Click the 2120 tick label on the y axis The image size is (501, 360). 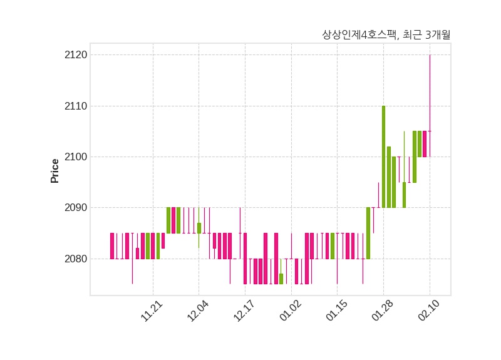(75, 55)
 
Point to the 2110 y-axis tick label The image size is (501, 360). (75, 106)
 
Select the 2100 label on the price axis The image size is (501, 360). (75, 157)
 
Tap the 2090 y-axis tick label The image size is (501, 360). (75, 208)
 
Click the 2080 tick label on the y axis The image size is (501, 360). (75, 259)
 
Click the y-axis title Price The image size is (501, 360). (55, 171)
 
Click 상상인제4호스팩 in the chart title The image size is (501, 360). (359, 35)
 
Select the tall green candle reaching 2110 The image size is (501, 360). (383, 157)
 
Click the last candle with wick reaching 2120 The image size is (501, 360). (430, 131)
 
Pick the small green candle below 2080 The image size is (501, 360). (281, 279)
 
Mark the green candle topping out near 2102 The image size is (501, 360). (389, 177)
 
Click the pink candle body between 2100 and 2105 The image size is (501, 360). (425, 144)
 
